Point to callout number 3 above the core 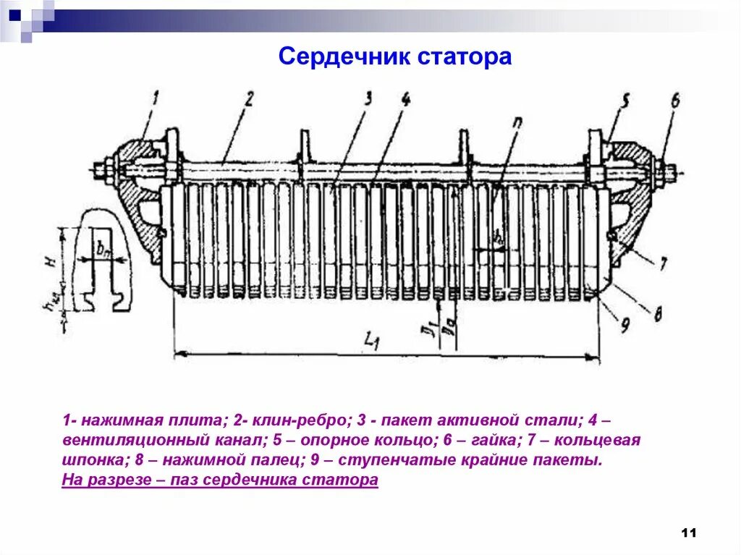point(368,99)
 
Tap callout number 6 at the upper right point(675,101)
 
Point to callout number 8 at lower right point(657,313)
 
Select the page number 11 point(688,533)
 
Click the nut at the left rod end point(101,171)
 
